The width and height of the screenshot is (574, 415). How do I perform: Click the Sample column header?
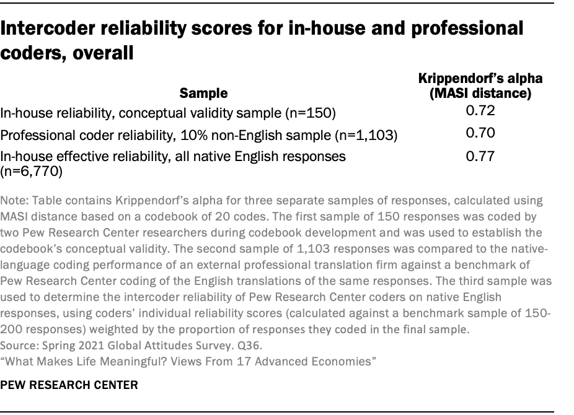[x=203, y=94]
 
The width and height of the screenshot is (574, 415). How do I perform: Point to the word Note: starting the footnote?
[x=14, y=201]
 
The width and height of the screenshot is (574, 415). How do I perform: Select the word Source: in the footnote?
[x=19, y=346]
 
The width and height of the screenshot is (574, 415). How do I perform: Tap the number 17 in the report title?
[x=239, y=360]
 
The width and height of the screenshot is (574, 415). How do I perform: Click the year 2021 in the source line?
[x=81, y=346]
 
